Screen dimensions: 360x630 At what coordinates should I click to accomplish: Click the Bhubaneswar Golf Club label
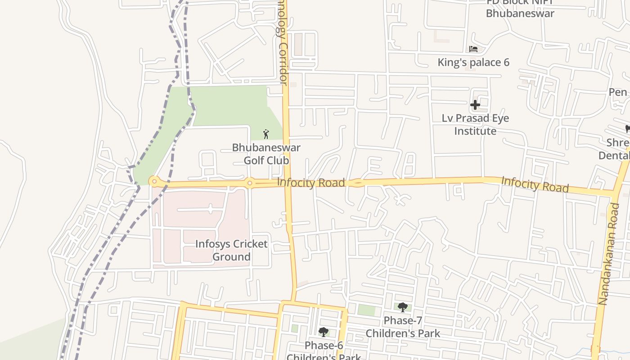coord(266,154)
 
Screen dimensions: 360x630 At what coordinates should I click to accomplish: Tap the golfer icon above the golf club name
coord(266,134)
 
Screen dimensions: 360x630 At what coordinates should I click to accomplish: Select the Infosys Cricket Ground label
coord(231,250)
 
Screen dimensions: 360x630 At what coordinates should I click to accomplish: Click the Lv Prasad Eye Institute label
coord(475,125)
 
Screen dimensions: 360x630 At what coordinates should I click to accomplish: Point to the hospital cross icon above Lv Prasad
coord(475,105)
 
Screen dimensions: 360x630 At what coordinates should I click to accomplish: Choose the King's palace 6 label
coord(473,62)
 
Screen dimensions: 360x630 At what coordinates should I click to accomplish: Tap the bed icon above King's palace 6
coord(473,49)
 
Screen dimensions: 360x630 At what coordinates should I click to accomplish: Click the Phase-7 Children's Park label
coord(403,327)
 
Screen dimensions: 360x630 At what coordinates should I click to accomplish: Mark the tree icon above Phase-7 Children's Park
coord(403,307)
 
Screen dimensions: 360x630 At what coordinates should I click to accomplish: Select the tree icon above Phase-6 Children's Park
coord(323,332)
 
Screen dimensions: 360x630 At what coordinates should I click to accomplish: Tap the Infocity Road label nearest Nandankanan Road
coord(535,184)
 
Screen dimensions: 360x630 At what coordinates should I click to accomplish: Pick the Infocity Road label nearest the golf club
coord(311,182)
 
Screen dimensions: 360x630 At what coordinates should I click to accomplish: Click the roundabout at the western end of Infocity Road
coord(154,182)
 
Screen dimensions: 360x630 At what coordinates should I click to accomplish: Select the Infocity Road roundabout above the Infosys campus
coord(249,183)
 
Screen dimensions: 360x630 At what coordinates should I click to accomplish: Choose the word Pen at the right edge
coord(618,92)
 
